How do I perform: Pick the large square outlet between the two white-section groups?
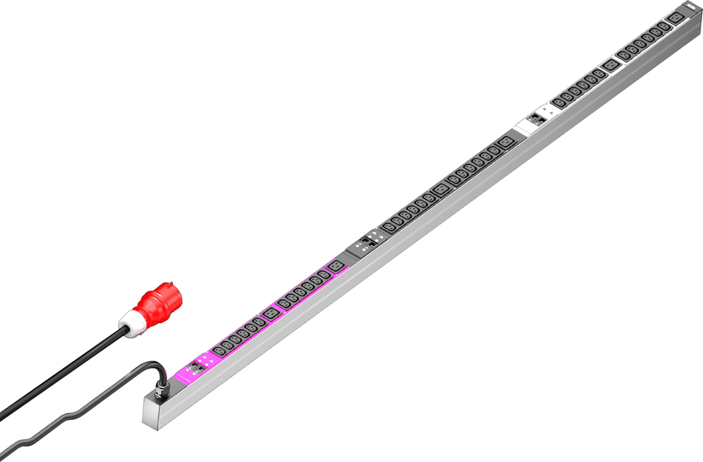click(610, 65)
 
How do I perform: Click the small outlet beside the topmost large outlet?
click(664, 27)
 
